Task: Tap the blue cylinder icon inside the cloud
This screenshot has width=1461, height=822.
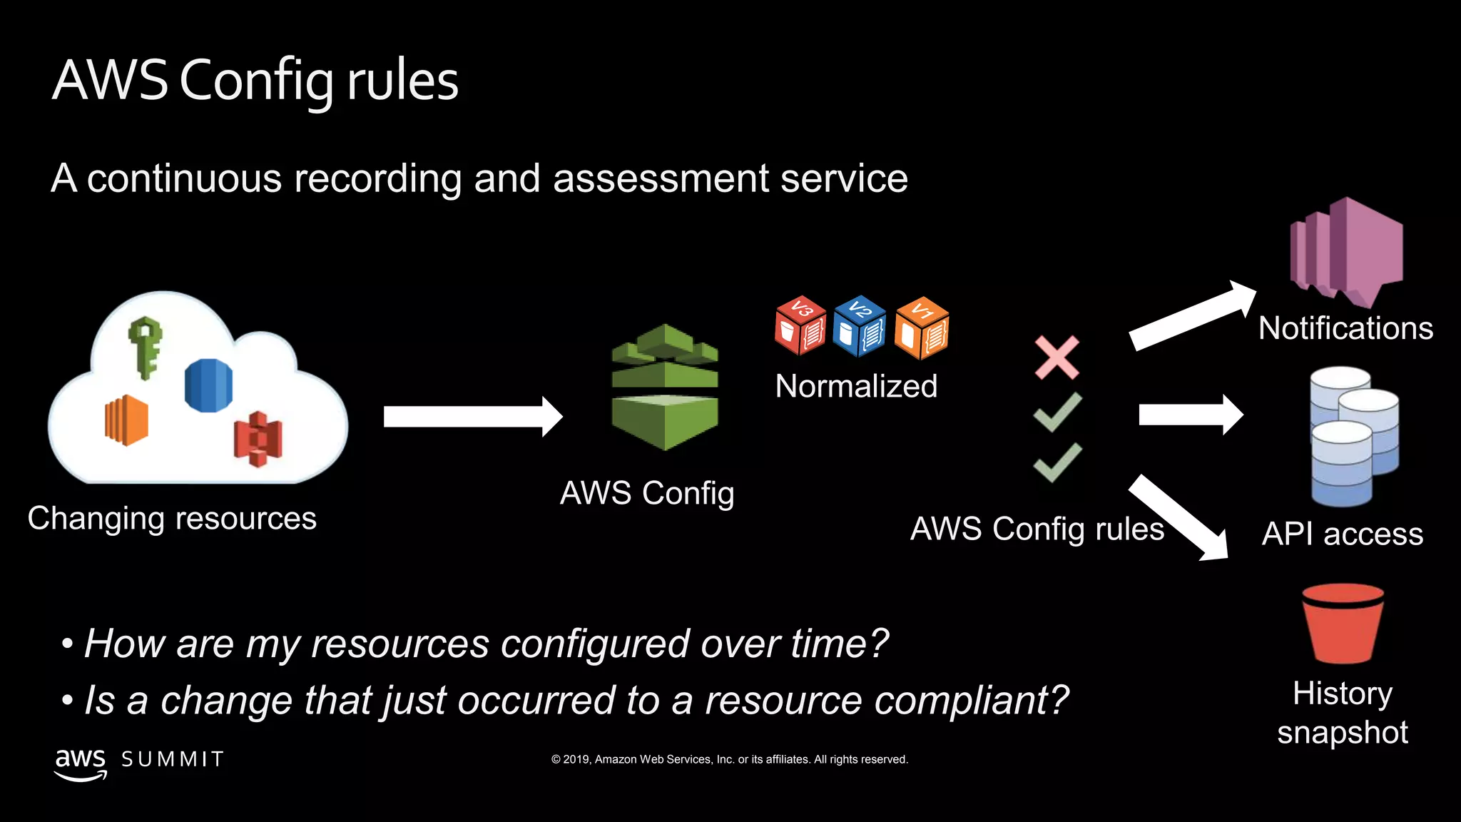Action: [x=208, y=385]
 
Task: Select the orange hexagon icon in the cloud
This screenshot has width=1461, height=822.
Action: [x=126, y=420]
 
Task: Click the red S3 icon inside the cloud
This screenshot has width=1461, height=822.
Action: [x=258, y=439]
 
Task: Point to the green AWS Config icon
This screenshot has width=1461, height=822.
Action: [x=665, y=387]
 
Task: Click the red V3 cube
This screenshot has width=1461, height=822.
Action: [x=800, y=326]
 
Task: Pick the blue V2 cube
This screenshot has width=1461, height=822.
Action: [x=860, y=326]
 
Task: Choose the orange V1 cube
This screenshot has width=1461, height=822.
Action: [x=922, y=328]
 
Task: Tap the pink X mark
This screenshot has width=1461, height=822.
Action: [x=1057, y=357]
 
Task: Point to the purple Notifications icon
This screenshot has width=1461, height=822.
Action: [x=1346, y=250]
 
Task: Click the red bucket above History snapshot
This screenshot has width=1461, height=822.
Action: [x=1343, y=623]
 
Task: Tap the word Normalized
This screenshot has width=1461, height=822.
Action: [x=856, y=387]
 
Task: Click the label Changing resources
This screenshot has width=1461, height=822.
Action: [x=172, y=519]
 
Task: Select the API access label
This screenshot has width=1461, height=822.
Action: [x=1342, y=534]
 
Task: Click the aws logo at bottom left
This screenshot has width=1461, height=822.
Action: [x=81, y=763]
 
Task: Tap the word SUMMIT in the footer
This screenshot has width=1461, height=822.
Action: [x=173, y=759]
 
